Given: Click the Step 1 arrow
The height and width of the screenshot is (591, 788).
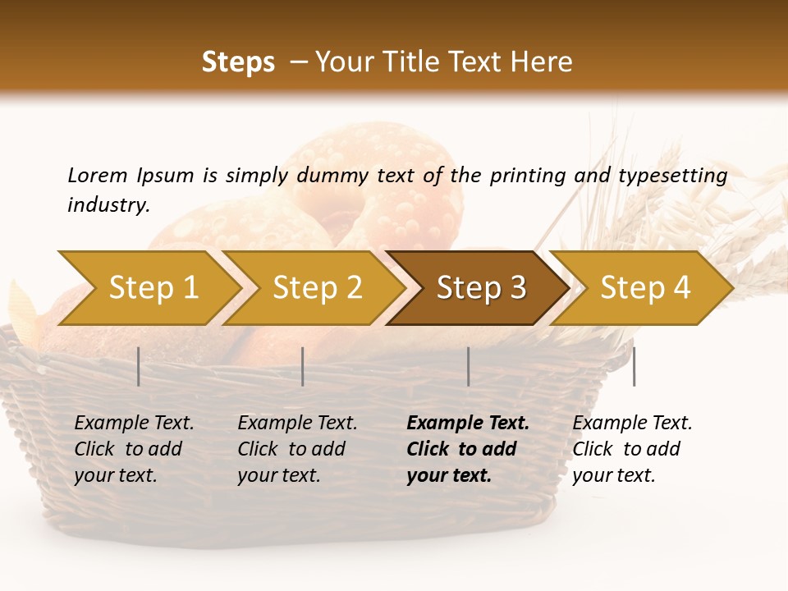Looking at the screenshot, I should [x=153, y=288].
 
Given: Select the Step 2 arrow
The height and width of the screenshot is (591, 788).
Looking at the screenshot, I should [x=317, y=288].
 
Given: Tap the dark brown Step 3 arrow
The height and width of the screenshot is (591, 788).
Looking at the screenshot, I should [x=480, y=288].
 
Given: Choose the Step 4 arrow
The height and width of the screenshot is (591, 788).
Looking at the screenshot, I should [x=644, y=288].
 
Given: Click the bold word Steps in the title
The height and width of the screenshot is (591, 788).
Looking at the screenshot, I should [x=238, y=62].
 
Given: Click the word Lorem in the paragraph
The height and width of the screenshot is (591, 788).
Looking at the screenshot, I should [x=97, y=175].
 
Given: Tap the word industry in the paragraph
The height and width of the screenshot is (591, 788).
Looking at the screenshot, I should [x=108, y=205].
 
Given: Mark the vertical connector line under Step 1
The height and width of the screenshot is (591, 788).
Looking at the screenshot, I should [x=139, y=366].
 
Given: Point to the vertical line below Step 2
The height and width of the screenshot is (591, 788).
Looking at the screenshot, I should [x=303, y=366].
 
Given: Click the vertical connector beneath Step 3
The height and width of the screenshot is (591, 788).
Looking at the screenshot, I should [x=469, y=366].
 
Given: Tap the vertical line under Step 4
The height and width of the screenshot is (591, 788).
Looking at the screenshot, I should [x=635, y=366].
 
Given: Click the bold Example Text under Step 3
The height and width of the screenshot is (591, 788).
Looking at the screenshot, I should [x=468, y=424].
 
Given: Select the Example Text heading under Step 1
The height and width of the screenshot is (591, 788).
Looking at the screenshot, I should [x=134, y=424].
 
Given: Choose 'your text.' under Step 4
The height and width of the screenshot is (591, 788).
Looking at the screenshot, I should [x=613, y=475].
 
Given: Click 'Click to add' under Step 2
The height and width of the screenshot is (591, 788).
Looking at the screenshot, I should [x=291, y=449].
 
